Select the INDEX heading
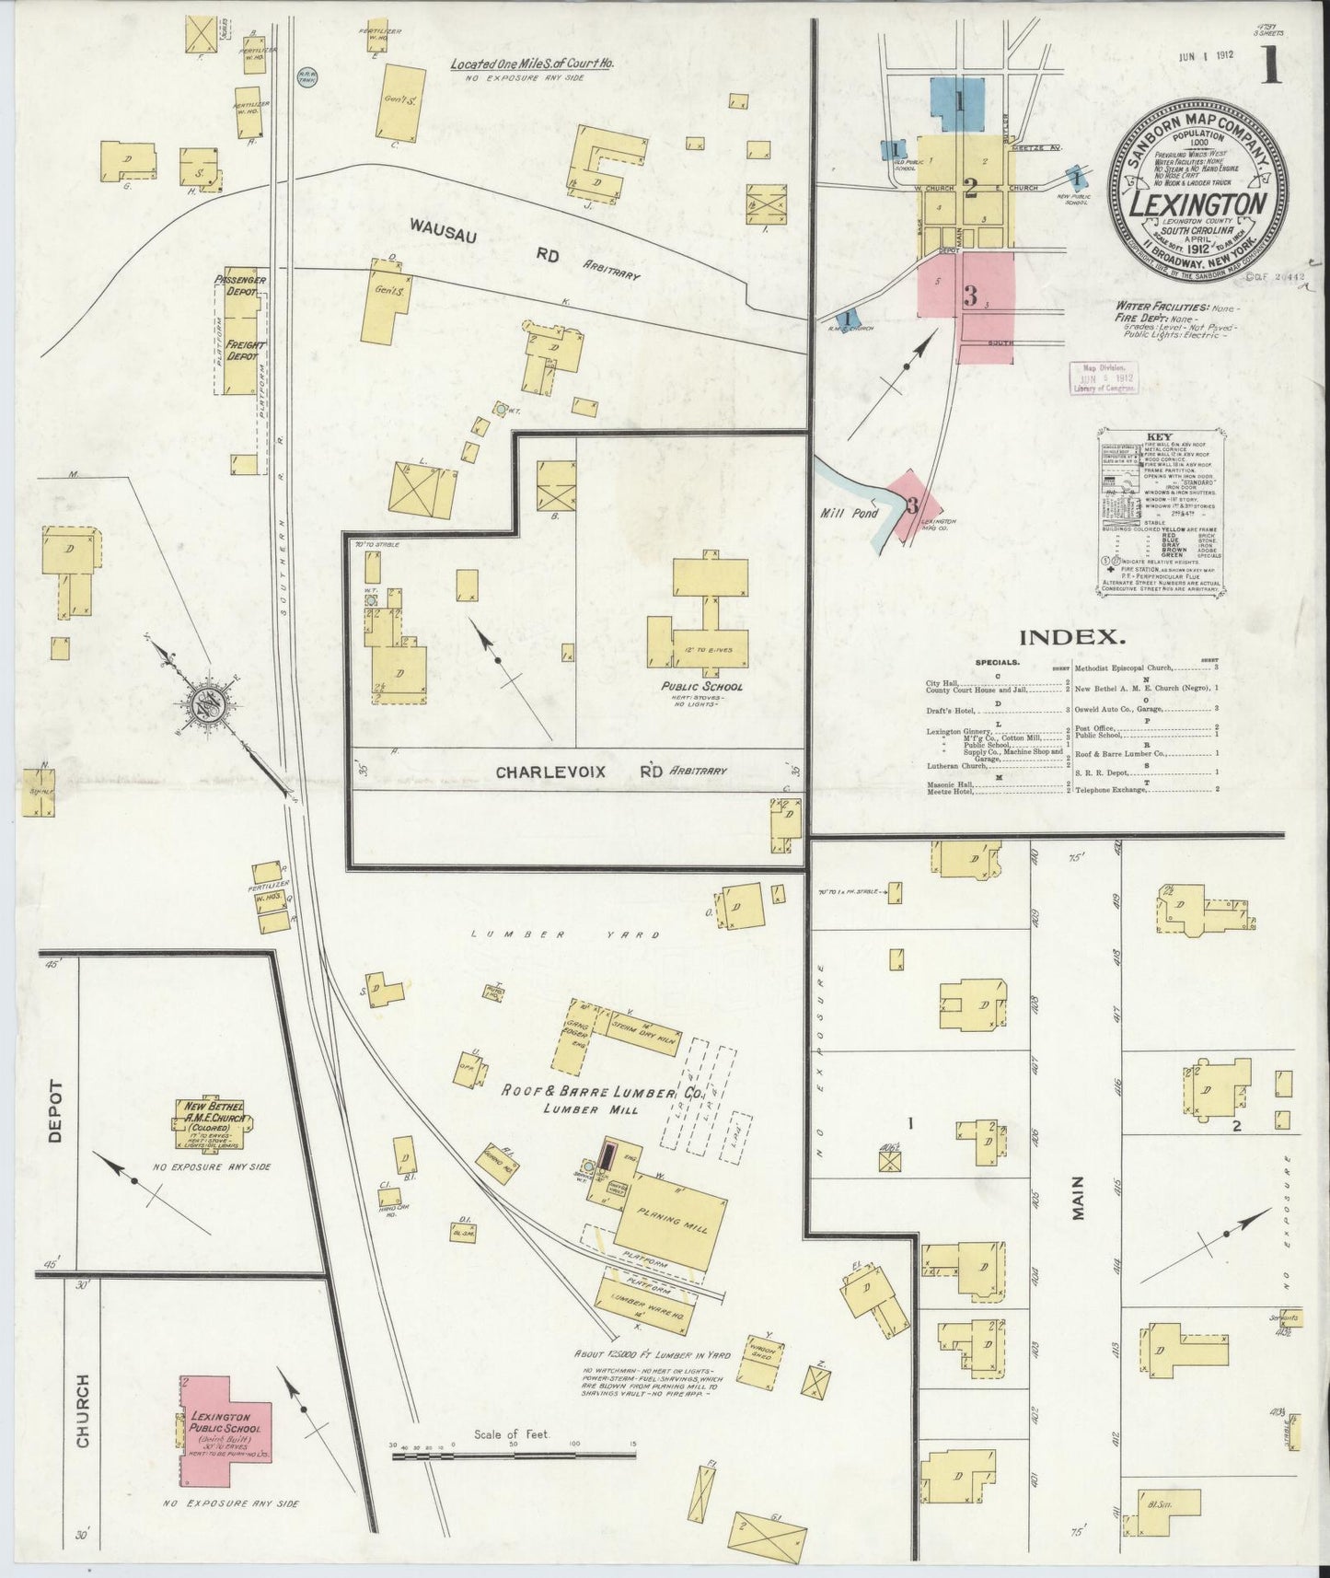(x=1071, y=636)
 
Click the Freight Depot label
(x=243, y=350)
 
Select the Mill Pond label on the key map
(x=850, y=513)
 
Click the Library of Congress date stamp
(x=1104, y=377)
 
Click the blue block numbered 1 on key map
(x=958, y=103)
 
